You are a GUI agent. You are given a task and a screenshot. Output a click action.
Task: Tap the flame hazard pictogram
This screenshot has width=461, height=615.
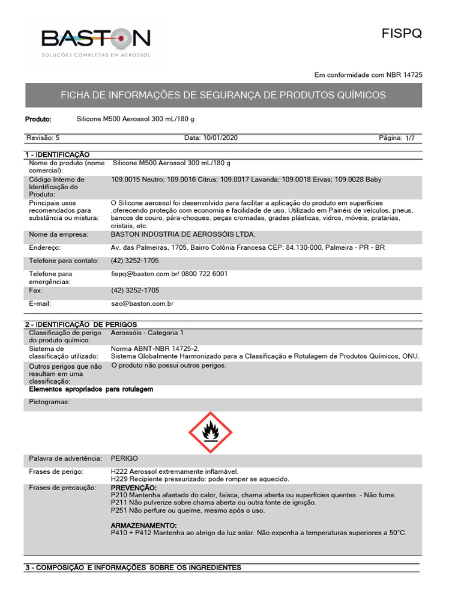pos(210,432)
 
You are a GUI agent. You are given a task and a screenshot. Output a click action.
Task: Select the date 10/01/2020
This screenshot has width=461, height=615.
pos(211,138)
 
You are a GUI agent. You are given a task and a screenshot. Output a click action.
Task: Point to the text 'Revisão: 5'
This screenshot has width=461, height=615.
pos(43,138)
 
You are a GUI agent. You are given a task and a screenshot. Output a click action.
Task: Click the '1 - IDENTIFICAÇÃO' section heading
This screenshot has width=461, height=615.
pos(57,155)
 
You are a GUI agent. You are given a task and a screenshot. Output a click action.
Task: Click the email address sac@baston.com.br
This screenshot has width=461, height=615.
pos(142,304)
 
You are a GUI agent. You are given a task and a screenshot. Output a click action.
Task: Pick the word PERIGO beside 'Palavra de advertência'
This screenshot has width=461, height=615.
pos(124,458)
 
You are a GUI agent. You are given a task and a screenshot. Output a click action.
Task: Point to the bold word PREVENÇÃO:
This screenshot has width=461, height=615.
pos(134,488)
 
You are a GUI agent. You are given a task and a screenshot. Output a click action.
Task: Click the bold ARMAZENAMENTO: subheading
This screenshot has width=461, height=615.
pos(143,526)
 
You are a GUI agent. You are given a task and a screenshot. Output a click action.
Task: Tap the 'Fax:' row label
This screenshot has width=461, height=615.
pos(36,290)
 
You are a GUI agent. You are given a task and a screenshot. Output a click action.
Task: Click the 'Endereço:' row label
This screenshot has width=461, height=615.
pos(45,247)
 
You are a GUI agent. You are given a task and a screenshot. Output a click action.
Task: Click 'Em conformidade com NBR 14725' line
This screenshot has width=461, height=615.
pos(369,75)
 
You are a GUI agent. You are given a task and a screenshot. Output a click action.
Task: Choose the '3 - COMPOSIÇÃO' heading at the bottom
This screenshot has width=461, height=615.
pos(133,568)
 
